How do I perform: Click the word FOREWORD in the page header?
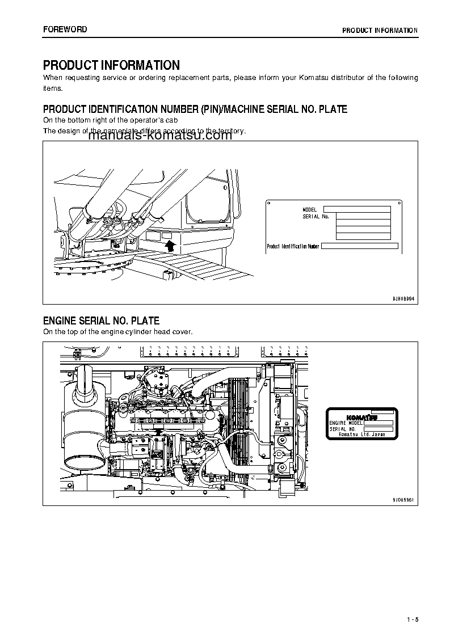(65, 29)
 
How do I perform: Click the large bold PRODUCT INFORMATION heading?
(111, 65)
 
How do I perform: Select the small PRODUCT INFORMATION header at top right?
(380, 31)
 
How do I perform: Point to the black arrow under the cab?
(169, 245)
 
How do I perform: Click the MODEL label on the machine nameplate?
(310, 210)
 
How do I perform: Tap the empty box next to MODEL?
(357, 209)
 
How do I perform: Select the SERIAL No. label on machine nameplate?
(316, 217)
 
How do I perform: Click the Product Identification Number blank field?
(360, 246)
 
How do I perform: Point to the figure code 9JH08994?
(403, 298)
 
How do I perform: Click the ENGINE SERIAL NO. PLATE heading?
(101, 321)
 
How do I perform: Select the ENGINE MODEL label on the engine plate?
(346, 423)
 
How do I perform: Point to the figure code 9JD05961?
(403, 499)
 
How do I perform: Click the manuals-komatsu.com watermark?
(160, 135)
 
